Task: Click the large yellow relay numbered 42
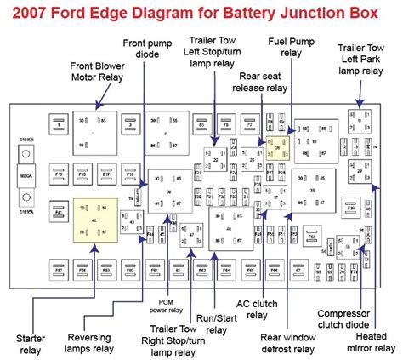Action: pos(94,220)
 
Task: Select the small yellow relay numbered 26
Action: pos(277,146)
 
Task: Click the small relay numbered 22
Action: pos(217,158)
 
